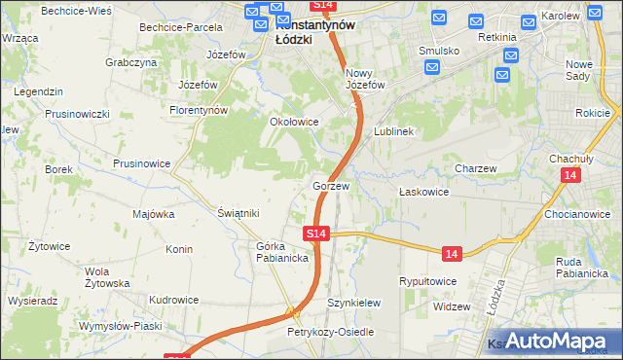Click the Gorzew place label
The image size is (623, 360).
tap(331, 185)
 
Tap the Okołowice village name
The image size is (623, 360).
tap(294, 123)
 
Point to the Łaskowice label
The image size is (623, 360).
tap(423, 192)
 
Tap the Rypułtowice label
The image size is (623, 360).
tap(428, 281)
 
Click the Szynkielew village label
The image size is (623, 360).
tap(353, 303)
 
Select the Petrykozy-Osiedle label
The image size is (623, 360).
tap(330, 332)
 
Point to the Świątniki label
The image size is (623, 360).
tap(238, 213)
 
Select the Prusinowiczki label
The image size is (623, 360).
tap(77, 114)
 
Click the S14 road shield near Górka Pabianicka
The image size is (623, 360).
tap(315, 234)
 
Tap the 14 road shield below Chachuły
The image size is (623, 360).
tap(570, 175)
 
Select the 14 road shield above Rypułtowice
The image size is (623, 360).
tap(450, 253)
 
